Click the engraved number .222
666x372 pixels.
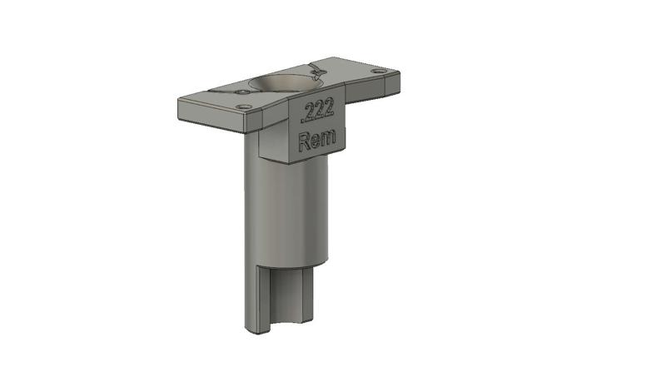coord(317,111)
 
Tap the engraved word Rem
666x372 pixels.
coord(317,139)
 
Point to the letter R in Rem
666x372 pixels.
coord(305,141)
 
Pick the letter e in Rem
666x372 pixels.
coord(317,140)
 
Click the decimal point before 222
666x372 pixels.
coord(302,120)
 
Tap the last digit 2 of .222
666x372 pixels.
coord(329,107)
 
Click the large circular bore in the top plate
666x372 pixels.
coord(285,82)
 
